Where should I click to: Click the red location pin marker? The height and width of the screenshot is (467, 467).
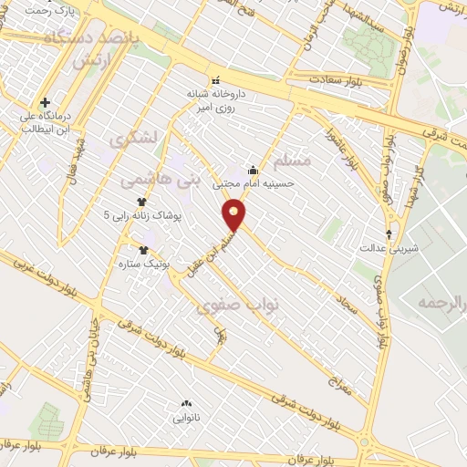click(234, 215)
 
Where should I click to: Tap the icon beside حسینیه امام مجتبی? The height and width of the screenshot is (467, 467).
click(253, 170)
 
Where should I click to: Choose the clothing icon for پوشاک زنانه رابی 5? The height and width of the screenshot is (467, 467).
click(141, 202)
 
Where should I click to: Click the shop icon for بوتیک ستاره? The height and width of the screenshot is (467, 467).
click(143, 249)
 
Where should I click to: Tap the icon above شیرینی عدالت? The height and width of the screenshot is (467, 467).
click(389, 233)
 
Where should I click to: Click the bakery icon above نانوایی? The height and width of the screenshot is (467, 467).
click(187, 402)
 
